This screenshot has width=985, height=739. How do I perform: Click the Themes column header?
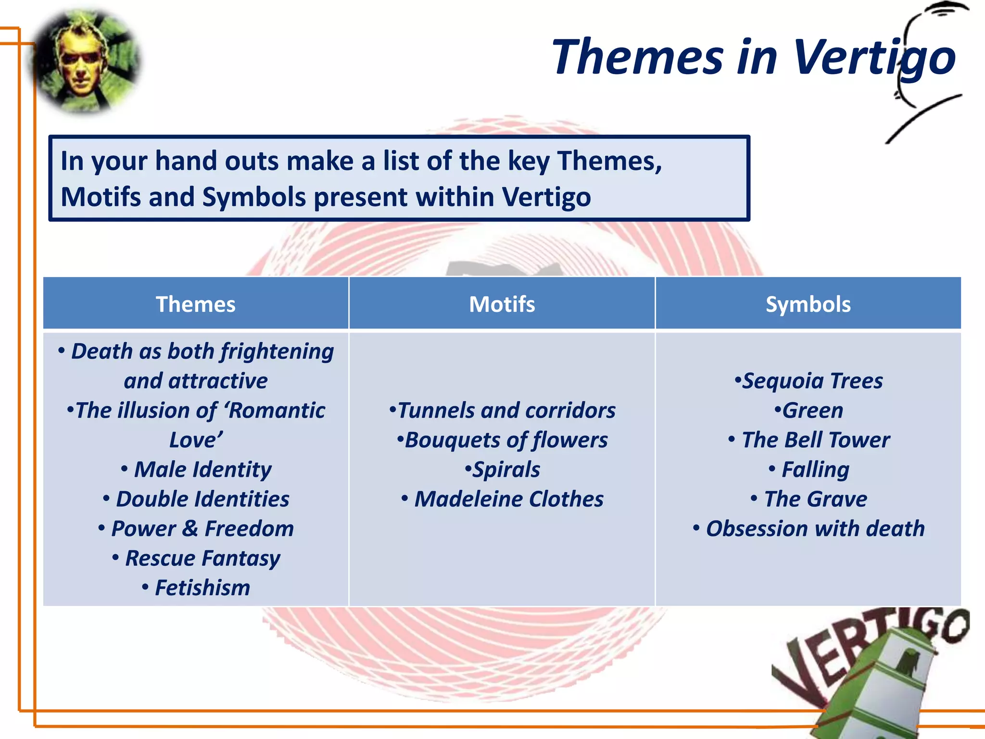[196, 304]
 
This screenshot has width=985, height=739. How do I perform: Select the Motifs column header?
[502, 304]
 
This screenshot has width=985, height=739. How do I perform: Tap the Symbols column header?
[808, 304]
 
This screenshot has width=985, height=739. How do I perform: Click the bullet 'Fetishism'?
[202, 587]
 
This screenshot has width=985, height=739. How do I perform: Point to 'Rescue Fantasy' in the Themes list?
[202, 558]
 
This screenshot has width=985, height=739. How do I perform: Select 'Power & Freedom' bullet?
[202, 528]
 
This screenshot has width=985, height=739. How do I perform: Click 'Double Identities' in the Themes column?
[202, 499]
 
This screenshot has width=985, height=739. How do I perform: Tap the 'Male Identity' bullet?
[202, 469]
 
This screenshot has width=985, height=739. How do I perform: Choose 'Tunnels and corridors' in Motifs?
[506, 410]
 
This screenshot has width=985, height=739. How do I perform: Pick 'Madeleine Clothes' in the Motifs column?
[508, 499]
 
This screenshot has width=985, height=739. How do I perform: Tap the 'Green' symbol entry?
[812, 410]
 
